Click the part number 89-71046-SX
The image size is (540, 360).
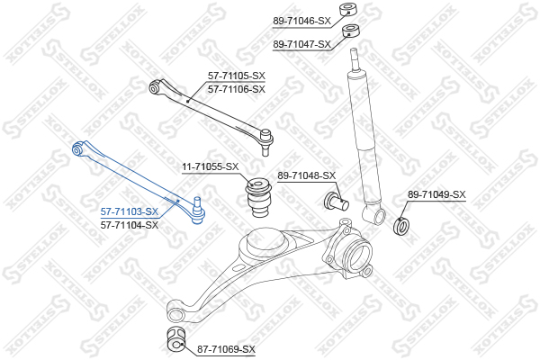point(302,19)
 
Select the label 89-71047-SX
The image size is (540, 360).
point(302,43)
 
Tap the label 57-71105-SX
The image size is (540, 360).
point(237,77)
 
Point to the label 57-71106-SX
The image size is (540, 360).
point(237,89)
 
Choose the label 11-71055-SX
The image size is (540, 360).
point(211,166)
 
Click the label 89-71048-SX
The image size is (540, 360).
point(306,175)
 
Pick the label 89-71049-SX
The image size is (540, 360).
point(436,194)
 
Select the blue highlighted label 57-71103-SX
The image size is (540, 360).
point(130,211)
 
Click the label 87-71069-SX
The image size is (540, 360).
point(226,349)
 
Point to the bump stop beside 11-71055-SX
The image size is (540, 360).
point(261,199)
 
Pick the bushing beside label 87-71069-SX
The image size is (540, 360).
point(174,341)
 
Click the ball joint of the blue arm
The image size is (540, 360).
point(199,212)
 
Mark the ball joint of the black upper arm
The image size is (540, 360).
point(266,137)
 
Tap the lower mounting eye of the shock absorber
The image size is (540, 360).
point(372,213)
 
